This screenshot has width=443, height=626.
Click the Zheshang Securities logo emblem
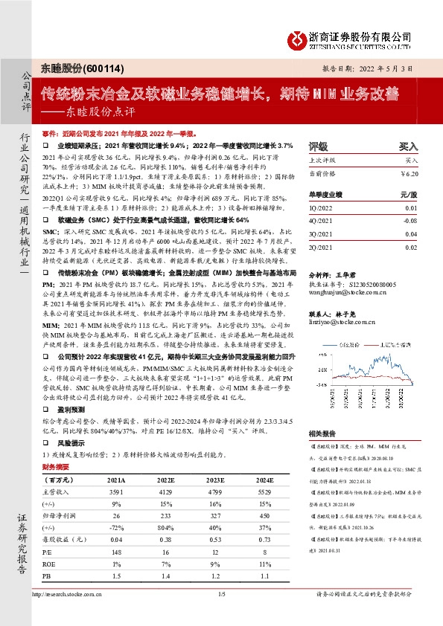300,39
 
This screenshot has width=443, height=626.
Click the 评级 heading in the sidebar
318,146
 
